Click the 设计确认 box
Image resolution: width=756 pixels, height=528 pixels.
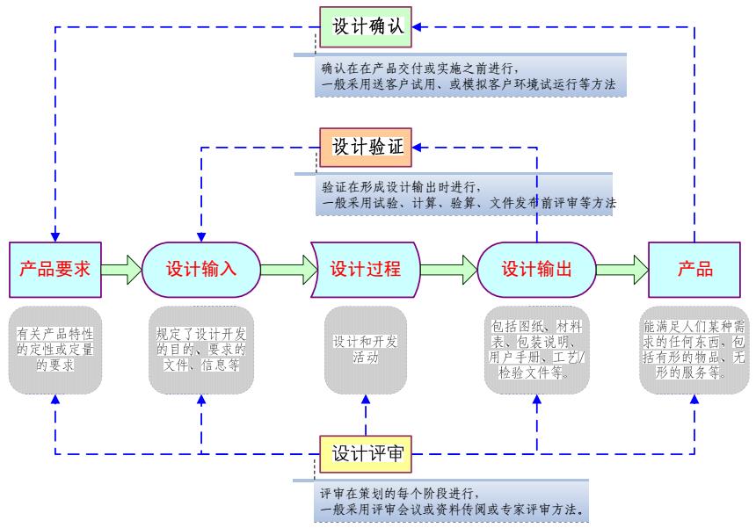pos(367,26)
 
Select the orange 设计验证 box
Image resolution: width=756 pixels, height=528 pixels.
pos(367,147)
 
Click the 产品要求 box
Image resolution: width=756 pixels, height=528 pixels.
pos(55,269)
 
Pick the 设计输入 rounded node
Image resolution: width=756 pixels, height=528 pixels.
pos(201,269)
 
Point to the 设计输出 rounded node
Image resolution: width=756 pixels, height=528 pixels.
pos(536,269)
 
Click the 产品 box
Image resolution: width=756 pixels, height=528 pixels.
pos(694,269)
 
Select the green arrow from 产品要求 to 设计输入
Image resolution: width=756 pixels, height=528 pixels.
pos(121,269)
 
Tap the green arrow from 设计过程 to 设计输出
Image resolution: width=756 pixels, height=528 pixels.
pos(449,269)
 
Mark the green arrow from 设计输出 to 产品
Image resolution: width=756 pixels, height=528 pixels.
pos(621,269)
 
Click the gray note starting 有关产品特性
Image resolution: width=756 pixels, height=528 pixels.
pos(55,349)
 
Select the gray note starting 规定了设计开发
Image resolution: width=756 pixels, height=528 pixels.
pos(201,349)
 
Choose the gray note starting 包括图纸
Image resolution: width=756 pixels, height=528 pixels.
pos(536,349)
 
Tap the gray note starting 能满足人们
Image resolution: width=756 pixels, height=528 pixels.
pos(694,349)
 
